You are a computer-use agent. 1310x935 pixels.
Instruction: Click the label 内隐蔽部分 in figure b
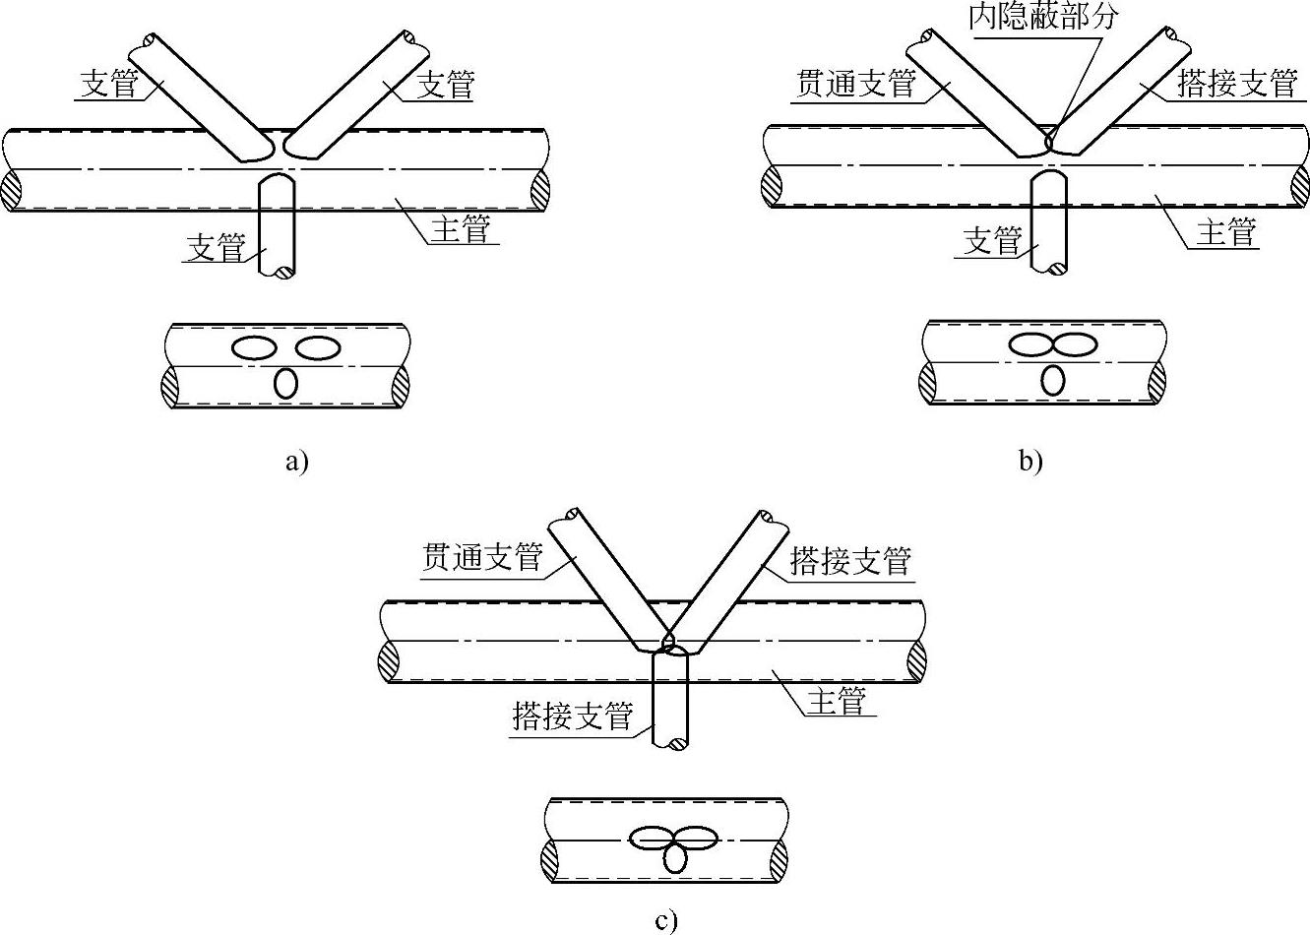(x=1043, y=17)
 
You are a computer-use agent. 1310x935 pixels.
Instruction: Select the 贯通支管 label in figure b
(x=854, y=84)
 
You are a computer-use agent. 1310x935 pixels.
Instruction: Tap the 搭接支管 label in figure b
(x=1237, y=84)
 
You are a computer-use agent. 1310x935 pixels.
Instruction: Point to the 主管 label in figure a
(x=460, y=229)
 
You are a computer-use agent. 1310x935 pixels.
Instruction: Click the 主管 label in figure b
(x=1226, y=232)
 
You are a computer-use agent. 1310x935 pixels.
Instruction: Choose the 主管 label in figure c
(x=836, y=702)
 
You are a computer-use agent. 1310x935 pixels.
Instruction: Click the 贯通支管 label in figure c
(x=482, y=558)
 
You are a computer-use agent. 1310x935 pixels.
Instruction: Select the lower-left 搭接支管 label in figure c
(x=573, y=716)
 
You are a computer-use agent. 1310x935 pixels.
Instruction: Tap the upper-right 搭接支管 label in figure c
(x=850, y=561)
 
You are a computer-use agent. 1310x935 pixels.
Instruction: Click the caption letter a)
(x=296, y=461)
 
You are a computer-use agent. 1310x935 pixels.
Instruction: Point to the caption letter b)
(x=1030, y=461)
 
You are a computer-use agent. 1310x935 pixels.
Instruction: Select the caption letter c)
(x=666, y=921)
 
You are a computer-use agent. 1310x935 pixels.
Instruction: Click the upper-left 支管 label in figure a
(x=108, y=84)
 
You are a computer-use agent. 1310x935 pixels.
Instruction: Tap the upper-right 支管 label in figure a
(x=446, y=85)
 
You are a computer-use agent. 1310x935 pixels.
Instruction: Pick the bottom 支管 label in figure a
(x=216, y=247)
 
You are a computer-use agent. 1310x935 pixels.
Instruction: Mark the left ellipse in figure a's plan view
(x=254, y=347)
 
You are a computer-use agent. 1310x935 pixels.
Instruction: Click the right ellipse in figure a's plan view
(x=318, y=347)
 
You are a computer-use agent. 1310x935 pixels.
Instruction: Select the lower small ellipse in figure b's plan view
(x=1053, y=380)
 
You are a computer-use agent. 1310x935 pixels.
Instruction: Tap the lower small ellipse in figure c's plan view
(x=675, y=859)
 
